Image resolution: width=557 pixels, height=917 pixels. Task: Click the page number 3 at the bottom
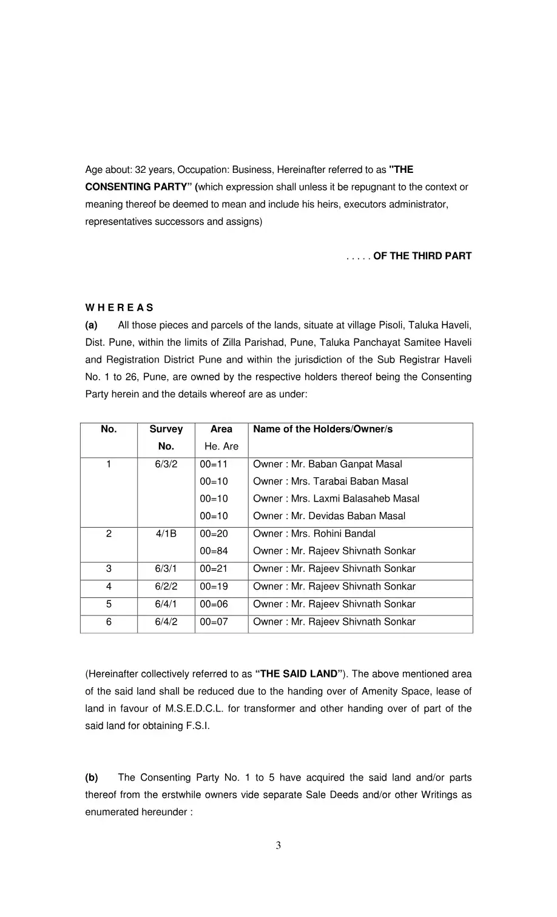pyautogui.click(x=278, y=845)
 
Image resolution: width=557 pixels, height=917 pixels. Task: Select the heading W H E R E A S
pyautogui.click(x=119, y=307)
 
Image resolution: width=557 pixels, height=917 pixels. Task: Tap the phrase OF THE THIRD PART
pyautogui.click(x=422, y=256)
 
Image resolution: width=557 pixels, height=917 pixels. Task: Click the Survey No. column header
pyautogui.click(x=166, y=437)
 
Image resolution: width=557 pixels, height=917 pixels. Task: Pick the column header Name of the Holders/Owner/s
pyautogui.click(x=323, y=429)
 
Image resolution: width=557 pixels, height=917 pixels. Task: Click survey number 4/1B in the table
pyautogui.click(x=166, y=534)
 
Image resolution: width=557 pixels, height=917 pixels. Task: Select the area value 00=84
pyautogui.click(x=214, y=551)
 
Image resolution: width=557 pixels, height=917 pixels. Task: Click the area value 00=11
pyautogui.click(x=214, y=465)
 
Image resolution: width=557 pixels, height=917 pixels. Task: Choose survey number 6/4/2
pyautogui.click(x=166, y=622)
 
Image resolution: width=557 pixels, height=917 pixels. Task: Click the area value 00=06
pyautogui.click(x=214, y=604)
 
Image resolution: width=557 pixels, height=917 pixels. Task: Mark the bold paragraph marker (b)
pyautogui.click(x=92, y=778)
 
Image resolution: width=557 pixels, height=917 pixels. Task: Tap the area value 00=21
pyautogui.click(x=214, y=569)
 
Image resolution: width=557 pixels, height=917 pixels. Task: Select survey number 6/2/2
pyautogui.click(x=166, y=586)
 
